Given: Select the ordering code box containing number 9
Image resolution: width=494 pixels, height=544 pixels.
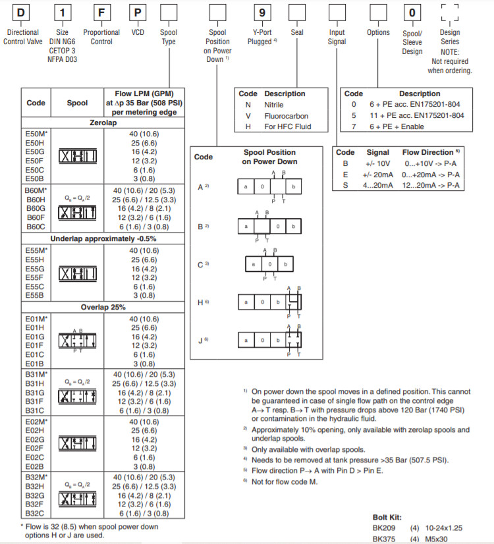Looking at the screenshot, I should click(x=263, y=12).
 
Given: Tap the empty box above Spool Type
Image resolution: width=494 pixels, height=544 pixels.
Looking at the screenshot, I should click(x=169, y=12).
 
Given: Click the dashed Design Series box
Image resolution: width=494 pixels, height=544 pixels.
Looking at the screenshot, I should click(x=450, y=13).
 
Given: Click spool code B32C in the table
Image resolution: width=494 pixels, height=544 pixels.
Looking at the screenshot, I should click(x=34, y=513).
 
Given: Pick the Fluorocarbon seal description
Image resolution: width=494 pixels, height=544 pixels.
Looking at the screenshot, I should click(x=286, y=116).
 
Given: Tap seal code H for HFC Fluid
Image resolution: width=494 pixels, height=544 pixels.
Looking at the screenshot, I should click(x=248, y=126).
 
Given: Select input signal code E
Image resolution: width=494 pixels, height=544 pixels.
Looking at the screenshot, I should click(x=344, y=175).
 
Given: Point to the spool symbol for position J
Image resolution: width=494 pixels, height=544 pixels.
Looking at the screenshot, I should click(x=269, y=340).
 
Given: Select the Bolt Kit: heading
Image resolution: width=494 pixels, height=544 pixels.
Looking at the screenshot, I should click(x=387, y=517).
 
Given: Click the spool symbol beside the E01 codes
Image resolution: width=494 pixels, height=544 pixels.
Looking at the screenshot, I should click(x=77, y=340).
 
